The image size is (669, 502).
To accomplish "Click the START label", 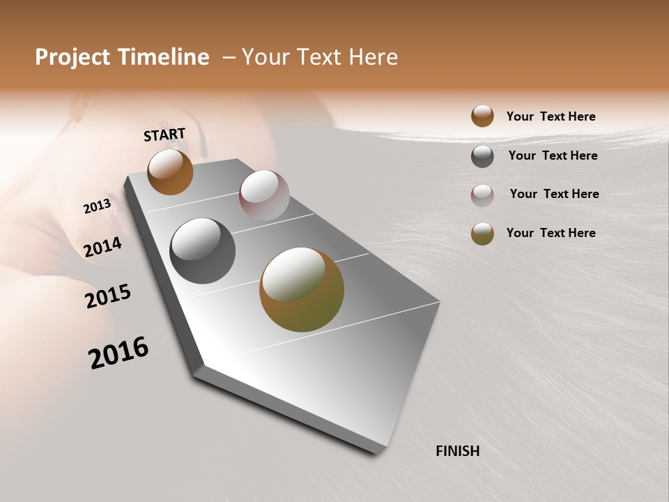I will tap(164, 134).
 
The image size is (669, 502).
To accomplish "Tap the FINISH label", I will tap(457, 451).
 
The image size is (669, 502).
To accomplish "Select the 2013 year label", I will tap(97, 206).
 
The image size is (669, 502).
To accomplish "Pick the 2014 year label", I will tap(102, 247).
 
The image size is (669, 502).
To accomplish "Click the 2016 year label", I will tap(118, 352).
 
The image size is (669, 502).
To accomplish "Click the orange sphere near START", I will tap(170, 172).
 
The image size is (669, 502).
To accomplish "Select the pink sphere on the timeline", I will tap(264, 195).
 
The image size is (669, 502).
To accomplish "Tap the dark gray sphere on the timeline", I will tap(202, 251).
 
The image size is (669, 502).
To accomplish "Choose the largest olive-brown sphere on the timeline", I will tap(302, 289).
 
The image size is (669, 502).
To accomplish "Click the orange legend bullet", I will tap(482, 116).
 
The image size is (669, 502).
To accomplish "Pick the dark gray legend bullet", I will tap(482, 156).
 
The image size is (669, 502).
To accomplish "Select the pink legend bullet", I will tap(482, 195).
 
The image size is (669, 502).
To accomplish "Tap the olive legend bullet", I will tap(482, 234).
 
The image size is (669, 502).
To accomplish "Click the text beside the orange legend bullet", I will tap(551, 116).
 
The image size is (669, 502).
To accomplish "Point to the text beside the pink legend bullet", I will tap(554, 194).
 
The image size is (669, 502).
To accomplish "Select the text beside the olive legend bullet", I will tap(551, 233).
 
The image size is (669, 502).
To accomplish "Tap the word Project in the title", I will tap(72, 57).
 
